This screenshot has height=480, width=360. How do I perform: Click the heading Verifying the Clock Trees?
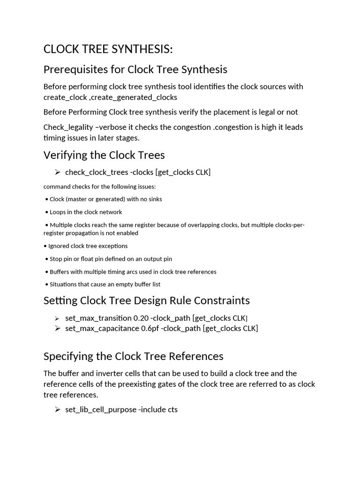[x=104, y=155]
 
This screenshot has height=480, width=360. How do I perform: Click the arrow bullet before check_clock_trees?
[x=58, y=172]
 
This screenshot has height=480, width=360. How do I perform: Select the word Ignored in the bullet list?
[x=60, y=246]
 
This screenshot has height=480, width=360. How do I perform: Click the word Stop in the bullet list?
[x=56, y=259]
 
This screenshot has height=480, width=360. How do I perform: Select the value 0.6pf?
[x=150, y=328]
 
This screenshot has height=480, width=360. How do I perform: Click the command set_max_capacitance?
[x=102, y=328]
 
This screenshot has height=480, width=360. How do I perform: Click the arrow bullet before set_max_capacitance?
[x=58, y=328]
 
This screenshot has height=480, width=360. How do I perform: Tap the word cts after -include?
[x=172, y=410]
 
